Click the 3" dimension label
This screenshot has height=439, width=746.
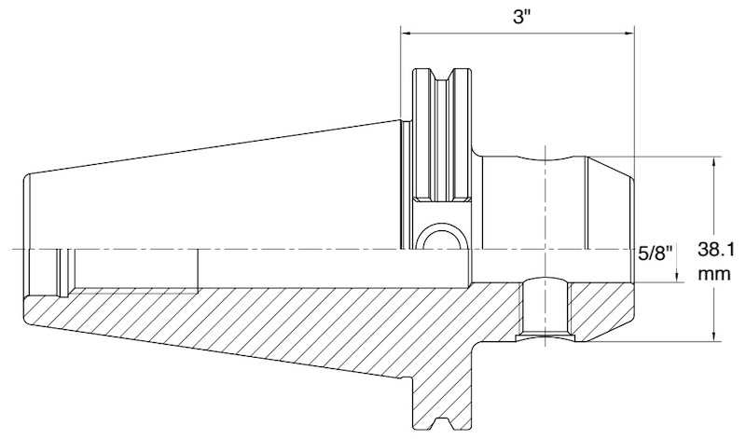tap(521, 17)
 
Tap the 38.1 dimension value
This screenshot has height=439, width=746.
tap(716, 249)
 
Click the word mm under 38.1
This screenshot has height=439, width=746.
tap(714, 274)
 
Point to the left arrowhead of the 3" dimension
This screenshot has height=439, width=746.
tap(406, 33)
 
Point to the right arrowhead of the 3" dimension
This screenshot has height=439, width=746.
tap(629, 33)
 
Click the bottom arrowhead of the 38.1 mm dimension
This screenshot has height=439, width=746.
tap(713, 336)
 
